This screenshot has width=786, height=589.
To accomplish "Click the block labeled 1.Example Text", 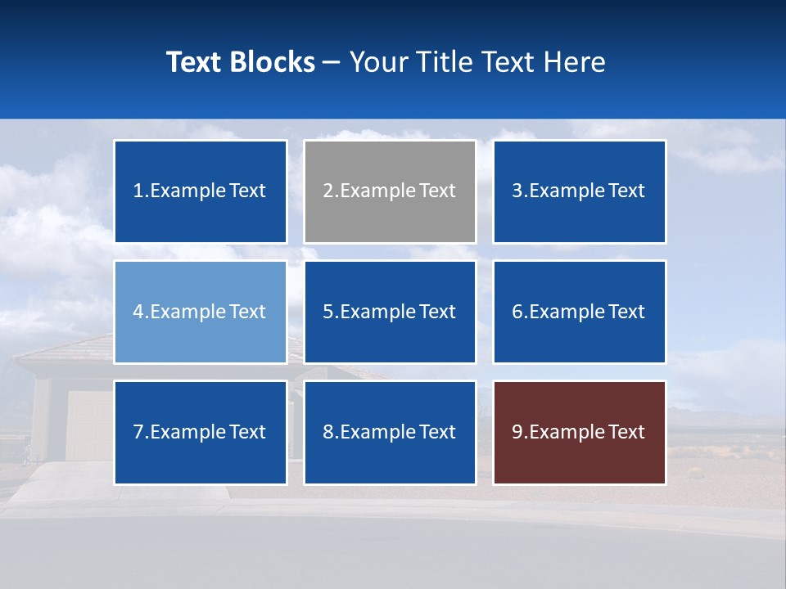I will [201, 191].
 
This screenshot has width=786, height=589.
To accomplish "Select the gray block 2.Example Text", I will [390, 191].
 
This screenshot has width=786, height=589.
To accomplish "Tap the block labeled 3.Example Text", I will [579, 191].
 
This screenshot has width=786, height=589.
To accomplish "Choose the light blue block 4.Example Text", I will [201, 312].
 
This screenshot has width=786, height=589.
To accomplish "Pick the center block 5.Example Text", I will [390, 312].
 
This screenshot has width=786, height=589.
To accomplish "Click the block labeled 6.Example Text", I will [579, 312].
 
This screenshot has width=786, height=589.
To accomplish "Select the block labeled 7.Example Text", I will [201, 432].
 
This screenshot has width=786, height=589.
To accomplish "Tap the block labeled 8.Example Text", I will [390, 432].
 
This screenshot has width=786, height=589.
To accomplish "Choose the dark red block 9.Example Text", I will [579, 432].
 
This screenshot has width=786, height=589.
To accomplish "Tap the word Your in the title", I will [377, 62].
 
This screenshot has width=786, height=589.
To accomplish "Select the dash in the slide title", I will [332, 63].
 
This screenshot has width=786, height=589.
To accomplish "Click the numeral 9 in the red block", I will [517, 432].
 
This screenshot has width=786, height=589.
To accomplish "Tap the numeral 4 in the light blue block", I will [138, 312].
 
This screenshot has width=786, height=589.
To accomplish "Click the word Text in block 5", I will [437, 312].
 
